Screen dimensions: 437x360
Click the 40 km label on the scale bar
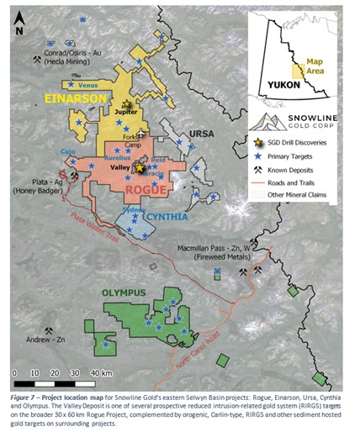tap(101, 372)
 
